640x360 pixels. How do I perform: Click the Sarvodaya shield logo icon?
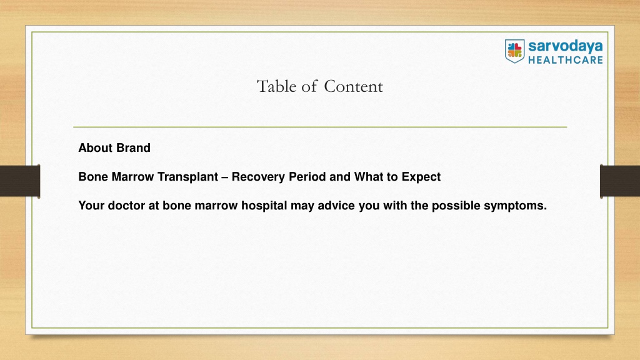click(x=514, y=51)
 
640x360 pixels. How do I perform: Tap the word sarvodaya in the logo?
click(x=565, y=46)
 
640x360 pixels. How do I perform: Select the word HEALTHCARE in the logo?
click(x=565, y=60)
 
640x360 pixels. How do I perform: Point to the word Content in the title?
click(x=354, y=86)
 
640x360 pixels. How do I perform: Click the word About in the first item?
click(x=96, y=147)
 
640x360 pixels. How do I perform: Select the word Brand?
click(x=134, y=147)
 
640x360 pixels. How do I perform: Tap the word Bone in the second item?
click(x=93, y=177)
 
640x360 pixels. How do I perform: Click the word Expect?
click(x=421, y=177)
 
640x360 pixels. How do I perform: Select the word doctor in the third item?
click(x=126, y=205)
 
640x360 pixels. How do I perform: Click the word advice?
click(x=336, y=205)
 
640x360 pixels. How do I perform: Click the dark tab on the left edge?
click(x=20, y=181)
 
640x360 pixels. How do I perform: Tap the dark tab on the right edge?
click(x=620, y=181)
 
